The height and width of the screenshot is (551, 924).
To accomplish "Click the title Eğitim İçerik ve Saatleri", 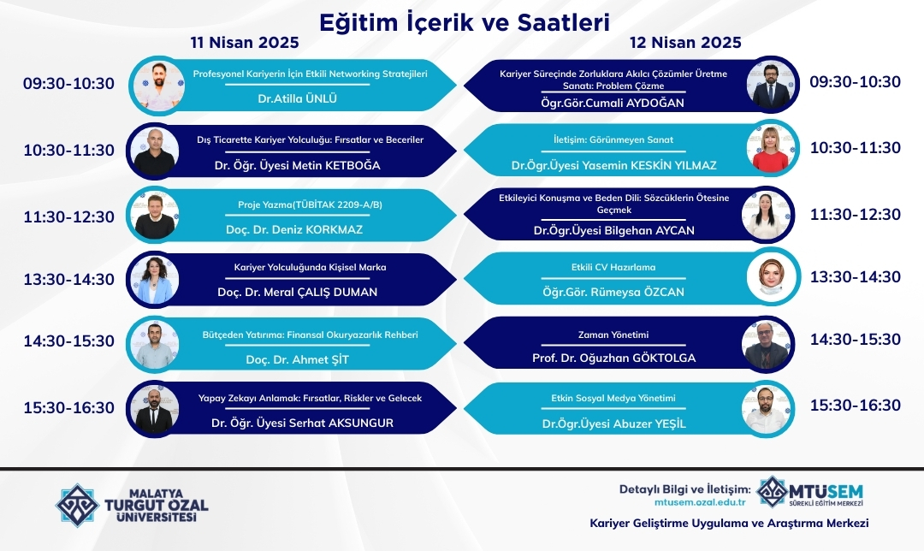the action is pos(465,23).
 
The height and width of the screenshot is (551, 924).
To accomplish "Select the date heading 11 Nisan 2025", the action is pos(245,43).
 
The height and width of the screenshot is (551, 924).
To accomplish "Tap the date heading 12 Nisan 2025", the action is pos(685,43).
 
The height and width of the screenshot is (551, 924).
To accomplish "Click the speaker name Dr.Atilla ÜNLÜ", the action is pos(298,98).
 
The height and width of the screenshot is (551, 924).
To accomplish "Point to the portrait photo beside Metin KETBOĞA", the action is pos(154,151).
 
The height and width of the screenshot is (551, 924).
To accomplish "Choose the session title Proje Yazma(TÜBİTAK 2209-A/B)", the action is pos(310,204).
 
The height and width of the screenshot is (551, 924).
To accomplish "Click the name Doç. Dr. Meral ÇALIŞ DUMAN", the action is pos(298,292).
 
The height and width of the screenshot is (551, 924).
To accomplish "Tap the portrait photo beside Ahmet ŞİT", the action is pos(154,345).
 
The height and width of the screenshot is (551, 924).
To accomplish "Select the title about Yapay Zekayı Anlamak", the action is pos(310,399).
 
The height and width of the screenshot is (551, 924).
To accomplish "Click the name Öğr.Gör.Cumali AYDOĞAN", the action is pos(613,104).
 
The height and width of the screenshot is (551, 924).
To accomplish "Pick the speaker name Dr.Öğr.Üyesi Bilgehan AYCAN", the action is pos(614,230).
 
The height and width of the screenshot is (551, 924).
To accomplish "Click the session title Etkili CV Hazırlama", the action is pos(613,267).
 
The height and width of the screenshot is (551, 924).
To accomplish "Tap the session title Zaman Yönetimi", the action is pos(613,335).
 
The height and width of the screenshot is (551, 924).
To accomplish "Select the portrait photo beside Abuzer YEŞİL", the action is pos(767,410).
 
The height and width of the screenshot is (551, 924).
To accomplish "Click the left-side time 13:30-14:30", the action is pos(69,279).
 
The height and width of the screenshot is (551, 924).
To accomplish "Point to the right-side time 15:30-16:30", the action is pos(855,406).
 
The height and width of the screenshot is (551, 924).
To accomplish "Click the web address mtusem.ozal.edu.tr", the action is pos(700,503).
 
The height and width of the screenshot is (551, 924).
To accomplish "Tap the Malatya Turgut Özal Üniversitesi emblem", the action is pos(77,505).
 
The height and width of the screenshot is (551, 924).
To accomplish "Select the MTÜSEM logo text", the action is pos(826,492).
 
